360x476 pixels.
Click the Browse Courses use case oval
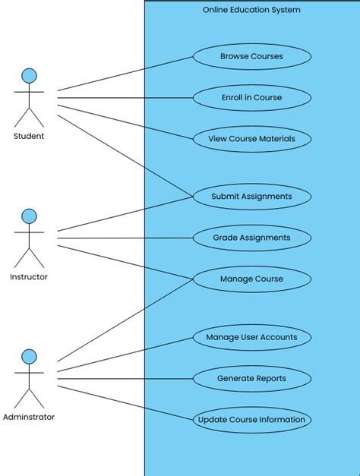(x=251, y=56)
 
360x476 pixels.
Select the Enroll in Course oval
(x=251, y=97)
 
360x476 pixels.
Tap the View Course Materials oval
(x=251, y=139)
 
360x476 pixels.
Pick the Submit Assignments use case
(x=251, y=196)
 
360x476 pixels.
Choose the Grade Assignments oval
(x=251, y=238)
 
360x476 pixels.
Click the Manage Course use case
(x=251, y=279)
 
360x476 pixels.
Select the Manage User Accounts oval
(x=251, y=336)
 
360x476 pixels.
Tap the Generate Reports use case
(x=251, y=378)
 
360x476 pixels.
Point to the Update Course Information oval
(x=251, y=420)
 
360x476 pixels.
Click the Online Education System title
(x=251, y=10)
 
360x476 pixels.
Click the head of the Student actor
(x=29, y=76)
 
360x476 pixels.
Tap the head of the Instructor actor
(x=29, y=216)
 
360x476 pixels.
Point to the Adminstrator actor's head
(x=29, y=357)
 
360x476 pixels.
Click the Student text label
(x=29, y=137)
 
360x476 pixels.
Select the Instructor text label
(x=29, y=277)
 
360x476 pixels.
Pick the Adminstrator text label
(x=29, y=417)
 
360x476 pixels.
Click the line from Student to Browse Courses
(x=125, y=74)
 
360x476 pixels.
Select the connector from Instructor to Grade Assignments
(x=125, y=238)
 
